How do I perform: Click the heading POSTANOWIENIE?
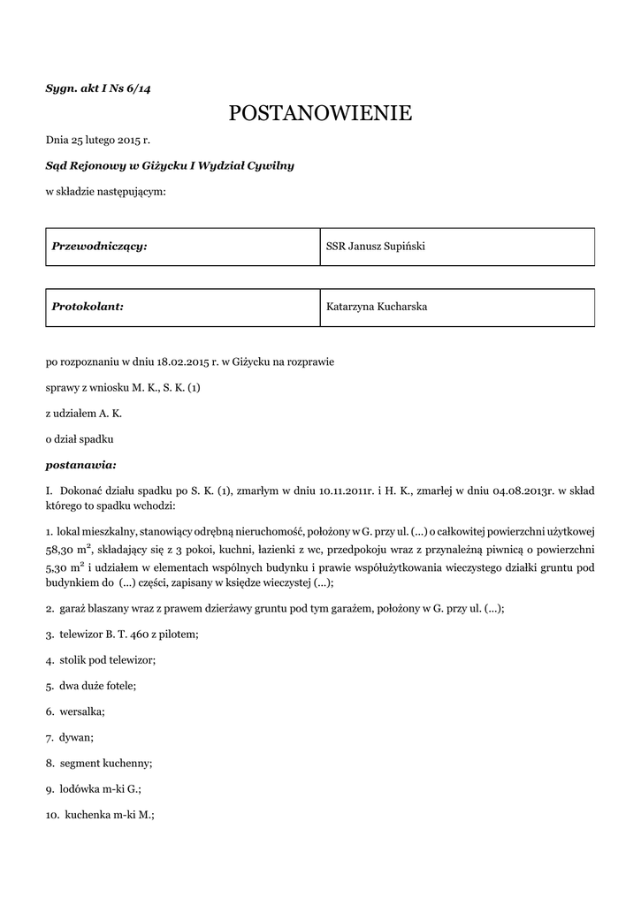pos(320,113)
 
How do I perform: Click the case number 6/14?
pos(138,87)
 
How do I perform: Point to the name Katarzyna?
pos(352,307)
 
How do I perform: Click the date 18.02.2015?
pos(185,361)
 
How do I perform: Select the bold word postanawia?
pos(80,463)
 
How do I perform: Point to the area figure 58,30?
pos(62,549)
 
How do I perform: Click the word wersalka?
pos(81,711)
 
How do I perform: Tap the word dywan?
pos(75,736)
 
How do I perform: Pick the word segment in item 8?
pos(80,762)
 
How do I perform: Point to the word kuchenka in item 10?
pos(86,813)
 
